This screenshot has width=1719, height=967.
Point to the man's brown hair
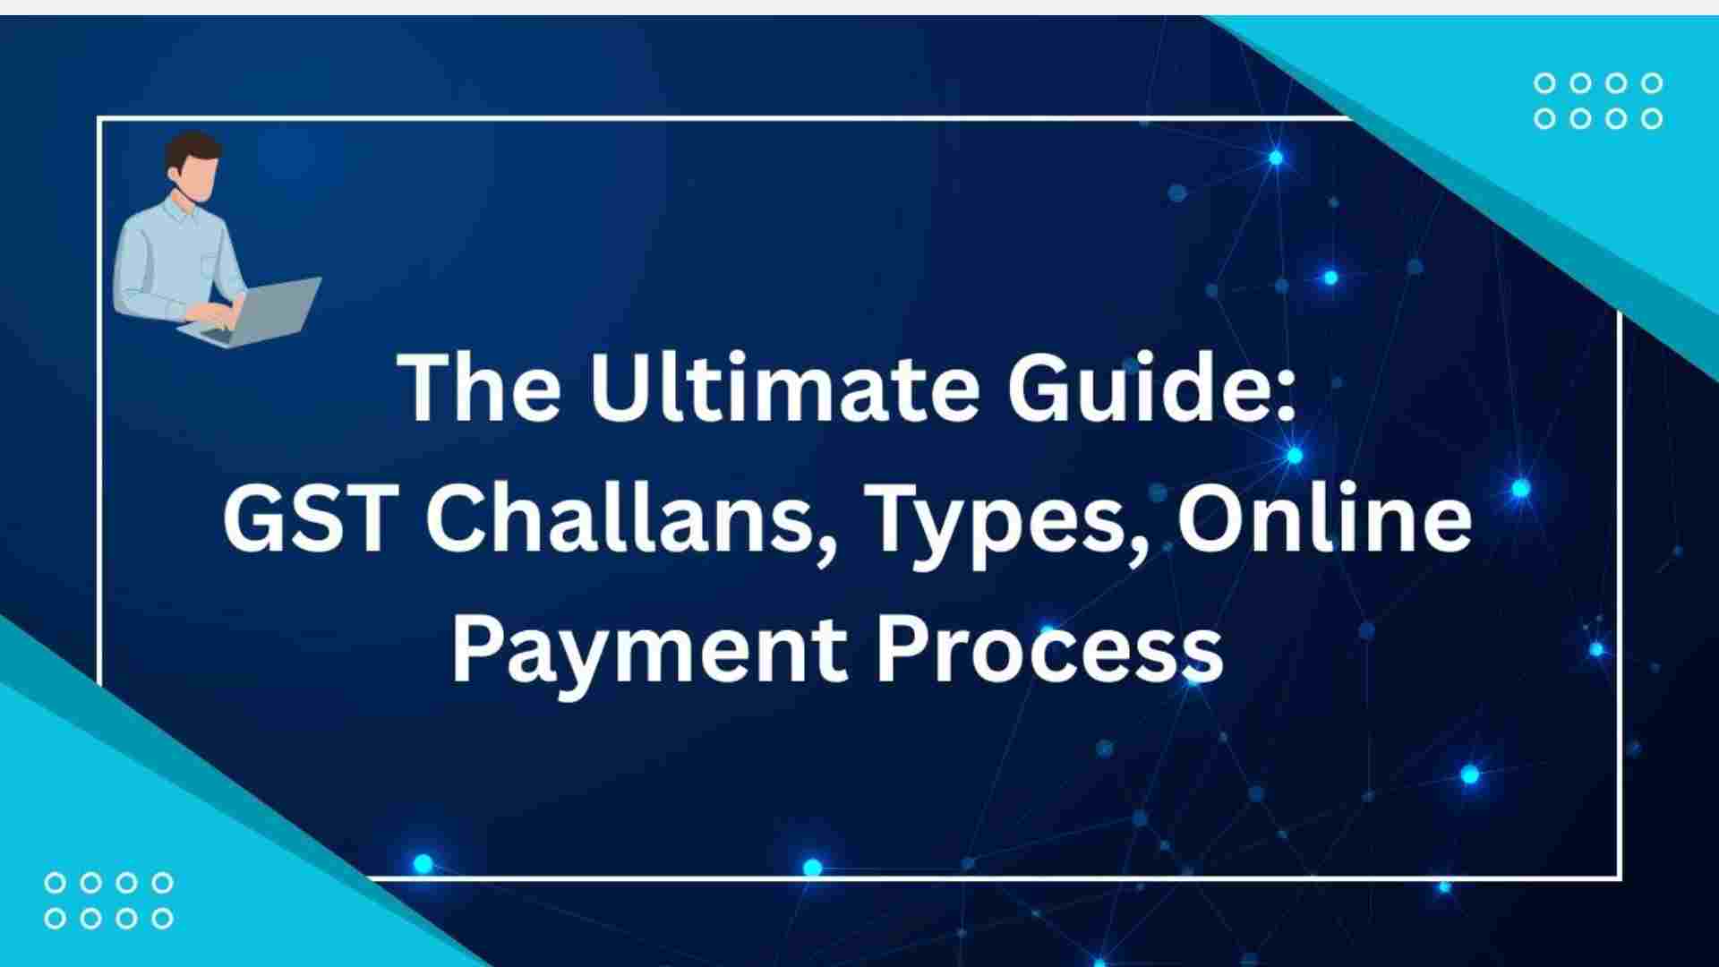point(192,148)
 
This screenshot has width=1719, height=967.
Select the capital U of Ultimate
point(619,389)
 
